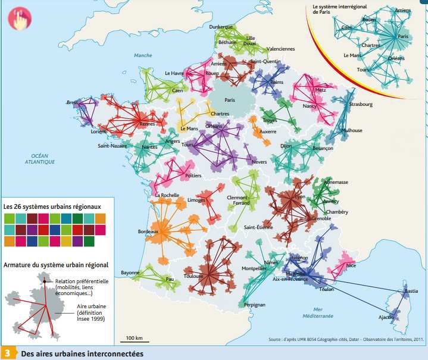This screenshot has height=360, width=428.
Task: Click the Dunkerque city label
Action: tap(220, 27)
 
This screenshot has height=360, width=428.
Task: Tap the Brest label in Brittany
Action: tap(73, 102)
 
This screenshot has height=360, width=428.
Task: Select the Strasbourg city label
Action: tap(361, 104)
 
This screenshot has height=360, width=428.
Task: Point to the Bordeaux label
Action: tap(148, 231)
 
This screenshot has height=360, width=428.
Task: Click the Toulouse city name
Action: tap(194, 276)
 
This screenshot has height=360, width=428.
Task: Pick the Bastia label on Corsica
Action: tap(411, 291)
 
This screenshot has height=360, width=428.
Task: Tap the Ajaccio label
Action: tap(386, 317)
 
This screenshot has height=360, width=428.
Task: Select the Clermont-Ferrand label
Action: tap(239, 200)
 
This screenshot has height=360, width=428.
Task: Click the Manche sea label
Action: tap(143, 55)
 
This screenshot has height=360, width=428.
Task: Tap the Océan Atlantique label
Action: tap(40, 158)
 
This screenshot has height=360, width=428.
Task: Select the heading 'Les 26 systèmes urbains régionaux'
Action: tap(52, 206)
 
